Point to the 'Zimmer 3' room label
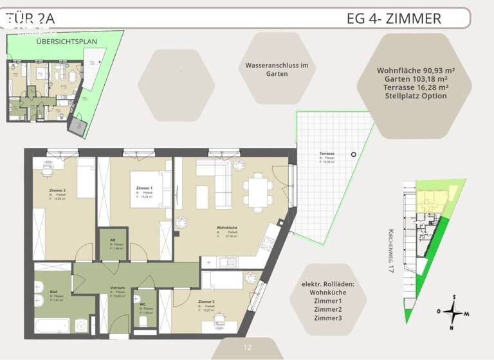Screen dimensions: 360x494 click(206, 301)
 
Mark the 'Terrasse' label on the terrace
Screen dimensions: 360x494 click(327, 154)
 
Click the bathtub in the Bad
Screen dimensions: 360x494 click(51, 325)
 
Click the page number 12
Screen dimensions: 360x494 click(247, 348)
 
